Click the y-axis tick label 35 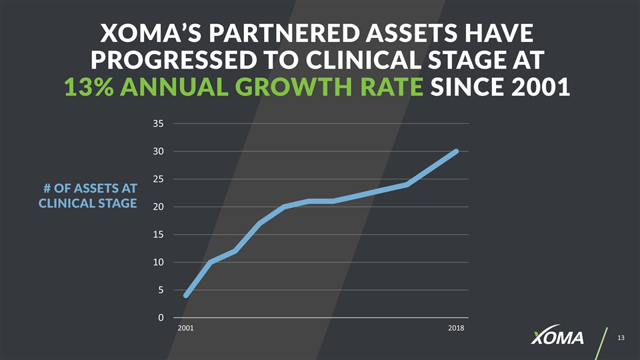[x=158, y=124]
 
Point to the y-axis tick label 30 [x=158, y=151]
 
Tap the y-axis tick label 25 [x=158, y=179]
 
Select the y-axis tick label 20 [x=158, y=207]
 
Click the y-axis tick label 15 [x=158, y=235]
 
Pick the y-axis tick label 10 [x=158, y=262]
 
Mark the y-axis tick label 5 [x=161, y=290]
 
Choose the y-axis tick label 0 [x=161, y=318]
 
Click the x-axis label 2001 [x=186, y=329]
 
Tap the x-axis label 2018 [x=456, y=329]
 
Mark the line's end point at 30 [x=457, y=151]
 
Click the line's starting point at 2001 [x=186, y=295]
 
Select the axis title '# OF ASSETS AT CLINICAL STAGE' [x=87, y=196]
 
